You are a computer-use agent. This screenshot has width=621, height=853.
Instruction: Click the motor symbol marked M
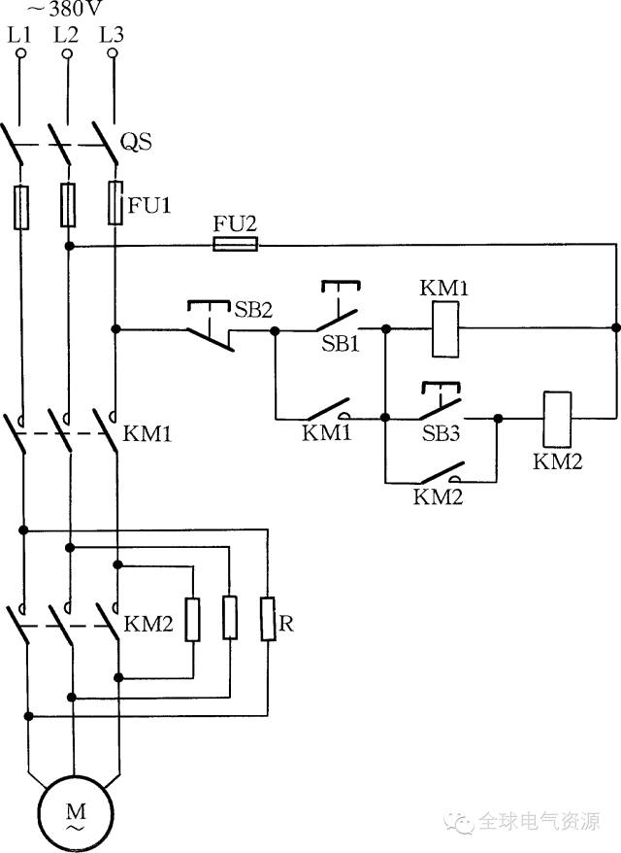click(76, 814)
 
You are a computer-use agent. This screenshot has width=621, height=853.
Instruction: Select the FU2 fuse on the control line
click(235, 244)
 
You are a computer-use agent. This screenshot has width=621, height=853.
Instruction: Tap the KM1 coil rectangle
click(445, 329)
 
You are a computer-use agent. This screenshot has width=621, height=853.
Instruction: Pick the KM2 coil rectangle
click(557, 419)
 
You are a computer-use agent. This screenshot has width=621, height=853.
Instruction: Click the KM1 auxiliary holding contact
click(326, 409)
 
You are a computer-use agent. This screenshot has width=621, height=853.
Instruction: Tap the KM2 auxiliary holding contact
click(441, 473)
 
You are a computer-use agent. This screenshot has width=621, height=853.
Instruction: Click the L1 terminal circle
click(20, 53)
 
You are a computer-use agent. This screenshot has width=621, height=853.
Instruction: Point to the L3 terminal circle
click(113, 53)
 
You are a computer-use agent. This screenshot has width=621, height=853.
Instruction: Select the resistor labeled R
click(267, 619)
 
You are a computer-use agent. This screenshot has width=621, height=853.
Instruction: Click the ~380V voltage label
click(64, 8)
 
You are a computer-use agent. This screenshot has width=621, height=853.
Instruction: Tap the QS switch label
click(136, 142)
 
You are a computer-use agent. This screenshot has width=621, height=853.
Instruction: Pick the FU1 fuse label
click(149, 205)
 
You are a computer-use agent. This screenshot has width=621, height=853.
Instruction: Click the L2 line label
click(66, 35)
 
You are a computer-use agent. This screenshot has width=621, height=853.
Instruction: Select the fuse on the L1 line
click(21, 207)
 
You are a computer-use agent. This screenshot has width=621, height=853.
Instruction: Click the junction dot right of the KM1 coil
click(615, 328)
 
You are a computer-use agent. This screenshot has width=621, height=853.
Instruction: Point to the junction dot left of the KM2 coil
click(498, 419)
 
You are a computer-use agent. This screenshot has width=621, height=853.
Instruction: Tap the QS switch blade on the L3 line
click(106, 143)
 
